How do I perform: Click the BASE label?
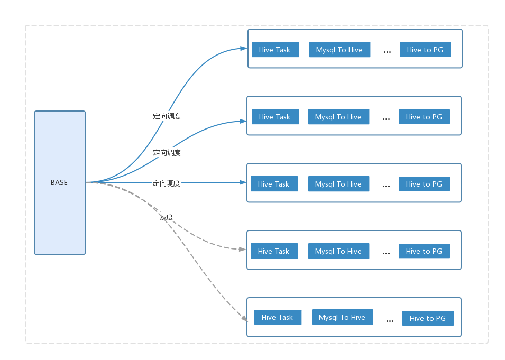click(x=59, y=182)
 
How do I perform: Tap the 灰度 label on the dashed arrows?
click(x=167, y=217)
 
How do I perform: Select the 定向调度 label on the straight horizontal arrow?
click(x=166, y=183)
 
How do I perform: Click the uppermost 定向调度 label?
click(x=167, y=116)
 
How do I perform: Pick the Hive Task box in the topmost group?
click(x=275, y=50)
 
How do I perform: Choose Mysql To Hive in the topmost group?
click(x=340, y=50)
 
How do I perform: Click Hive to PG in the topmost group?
click(x=425, y=50)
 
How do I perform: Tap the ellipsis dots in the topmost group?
click(x=387, y=52)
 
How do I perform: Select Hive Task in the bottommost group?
click(x=278, y=318)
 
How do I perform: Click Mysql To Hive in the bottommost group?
click(x=342, y=317)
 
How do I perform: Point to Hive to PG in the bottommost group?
click(x=428, y=318)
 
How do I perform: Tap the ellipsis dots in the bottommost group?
click(x=390, y=321)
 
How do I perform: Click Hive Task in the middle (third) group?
click(x=274, y=184)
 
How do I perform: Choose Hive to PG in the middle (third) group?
click(x=424, y=184)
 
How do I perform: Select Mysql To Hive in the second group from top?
click(x=338, y=117)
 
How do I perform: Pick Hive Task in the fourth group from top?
click(x=274, y=251)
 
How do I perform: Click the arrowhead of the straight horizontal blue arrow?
click(x=243, y=182)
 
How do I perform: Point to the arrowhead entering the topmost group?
click(x=244, y=49)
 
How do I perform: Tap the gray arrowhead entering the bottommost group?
click(x=245, y=318)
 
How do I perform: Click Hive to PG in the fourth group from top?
click(x=424, y=251)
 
